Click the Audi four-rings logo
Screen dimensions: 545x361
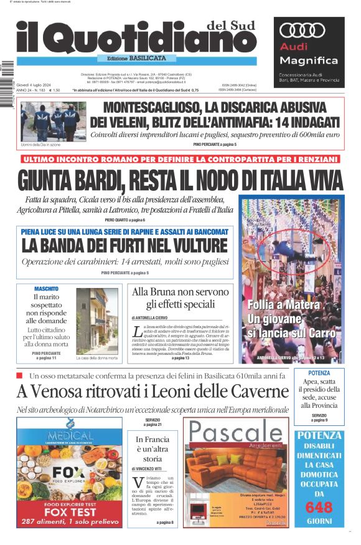coord(302,30)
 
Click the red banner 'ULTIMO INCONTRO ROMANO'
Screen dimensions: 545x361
coord(180,160)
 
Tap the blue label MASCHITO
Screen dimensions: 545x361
coord(47,289)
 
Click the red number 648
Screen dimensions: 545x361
coord(320,508)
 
